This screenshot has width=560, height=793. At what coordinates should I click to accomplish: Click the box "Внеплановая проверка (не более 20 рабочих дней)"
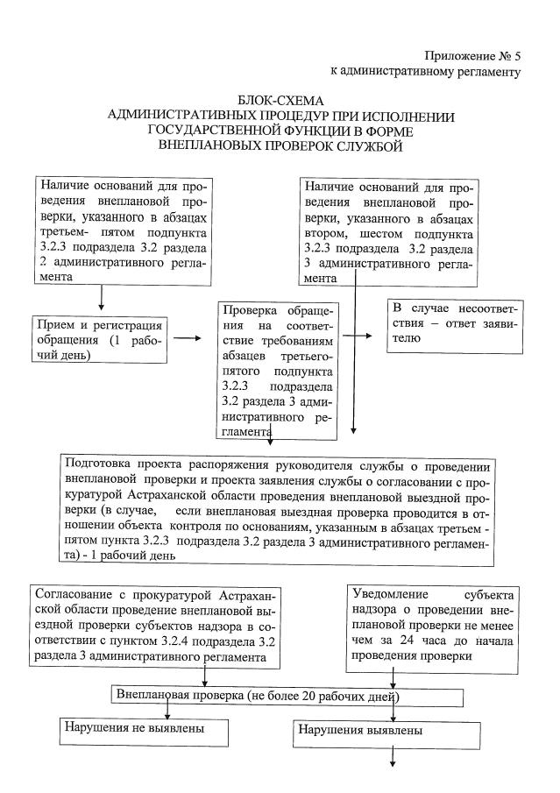[x=288, y=697]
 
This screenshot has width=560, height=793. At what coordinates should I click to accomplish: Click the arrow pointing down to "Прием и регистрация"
[x=102, y=299]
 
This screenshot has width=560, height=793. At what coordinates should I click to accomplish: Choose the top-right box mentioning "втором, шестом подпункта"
[x=389, y=231]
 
